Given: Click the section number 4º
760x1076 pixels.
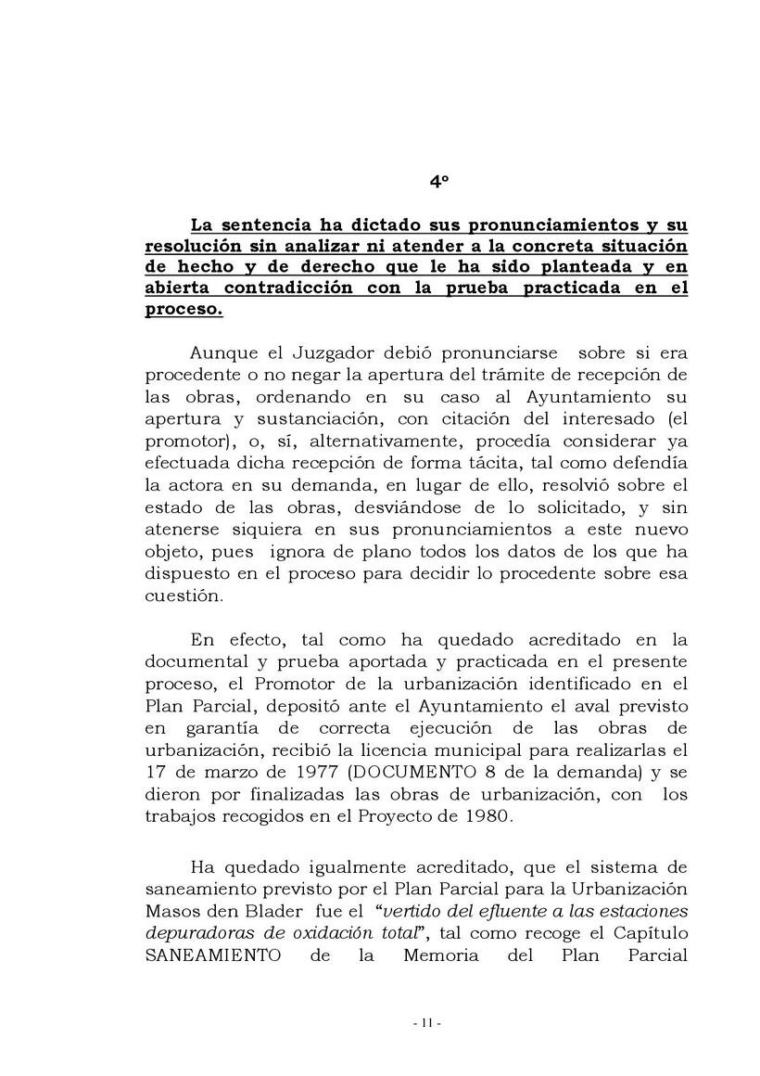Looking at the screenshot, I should coord(438,184).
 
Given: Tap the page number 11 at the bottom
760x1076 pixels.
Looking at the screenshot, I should coord(426,1023).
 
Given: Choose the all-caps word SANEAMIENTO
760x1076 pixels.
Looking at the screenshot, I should coord(213,956).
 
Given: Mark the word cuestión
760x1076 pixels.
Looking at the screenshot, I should coord(184,596).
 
